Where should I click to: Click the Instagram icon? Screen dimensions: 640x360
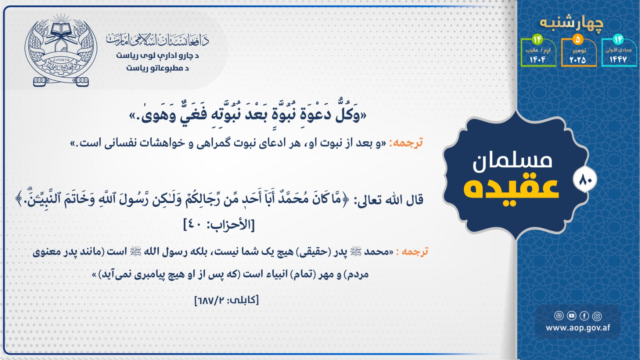coord(597,316)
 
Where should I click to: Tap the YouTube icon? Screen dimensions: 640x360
coord(572,316)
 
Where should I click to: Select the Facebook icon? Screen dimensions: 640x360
coord(584,316)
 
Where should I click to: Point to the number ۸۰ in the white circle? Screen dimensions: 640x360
coord(585,180)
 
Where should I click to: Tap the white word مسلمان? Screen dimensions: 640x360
coord(512,162)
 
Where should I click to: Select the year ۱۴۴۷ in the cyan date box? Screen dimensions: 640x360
coord(618,59)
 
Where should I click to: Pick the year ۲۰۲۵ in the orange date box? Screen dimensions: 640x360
coord(578,60)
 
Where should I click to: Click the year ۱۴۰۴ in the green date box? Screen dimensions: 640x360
coord(538,60)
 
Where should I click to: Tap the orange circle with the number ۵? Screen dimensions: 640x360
coord(578,40)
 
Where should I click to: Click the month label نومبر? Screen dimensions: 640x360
coord(579,50)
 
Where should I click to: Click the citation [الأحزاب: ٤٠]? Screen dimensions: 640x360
coord(219,225)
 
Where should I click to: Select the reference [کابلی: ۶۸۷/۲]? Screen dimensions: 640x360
coord(226,300)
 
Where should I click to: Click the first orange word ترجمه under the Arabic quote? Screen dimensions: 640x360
coord(408,143)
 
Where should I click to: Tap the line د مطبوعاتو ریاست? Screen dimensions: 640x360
coord(157,68)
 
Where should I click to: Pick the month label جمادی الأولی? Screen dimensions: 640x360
coord(618,50)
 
